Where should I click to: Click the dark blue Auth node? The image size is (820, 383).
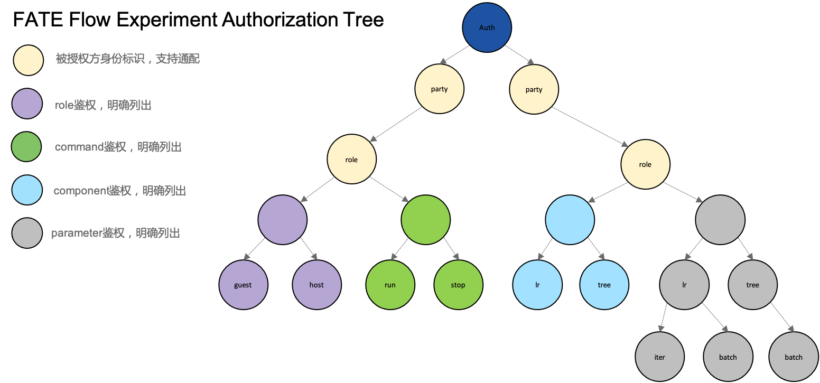[487, 27]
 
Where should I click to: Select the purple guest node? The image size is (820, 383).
[243, 285]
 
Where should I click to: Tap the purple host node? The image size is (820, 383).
[316, 285]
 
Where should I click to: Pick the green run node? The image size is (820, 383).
[390, 285]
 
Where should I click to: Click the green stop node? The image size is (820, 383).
[458, 285]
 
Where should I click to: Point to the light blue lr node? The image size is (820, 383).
[537, 285]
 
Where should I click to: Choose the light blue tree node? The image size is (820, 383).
[604, 285]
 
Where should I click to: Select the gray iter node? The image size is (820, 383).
[659, 357]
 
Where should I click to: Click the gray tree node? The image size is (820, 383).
[752, 285]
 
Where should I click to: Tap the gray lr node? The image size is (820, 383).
[684, 285]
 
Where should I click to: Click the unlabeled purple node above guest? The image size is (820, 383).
[283, 220]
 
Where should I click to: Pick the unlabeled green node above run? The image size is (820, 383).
[426, 220]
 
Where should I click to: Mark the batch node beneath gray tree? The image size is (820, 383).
[793, 357]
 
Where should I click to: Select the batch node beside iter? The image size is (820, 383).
[728, 357]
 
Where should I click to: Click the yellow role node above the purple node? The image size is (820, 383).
[351, 160]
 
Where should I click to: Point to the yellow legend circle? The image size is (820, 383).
[29, 60]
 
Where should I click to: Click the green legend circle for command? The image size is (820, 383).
[26, 146]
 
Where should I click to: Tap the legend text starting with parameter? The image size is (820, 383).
[116, 233]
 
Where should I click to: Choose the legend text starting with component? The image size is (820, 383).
[120, 191]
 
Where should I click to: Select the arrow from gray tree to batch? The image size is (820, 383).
[782, 317]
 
